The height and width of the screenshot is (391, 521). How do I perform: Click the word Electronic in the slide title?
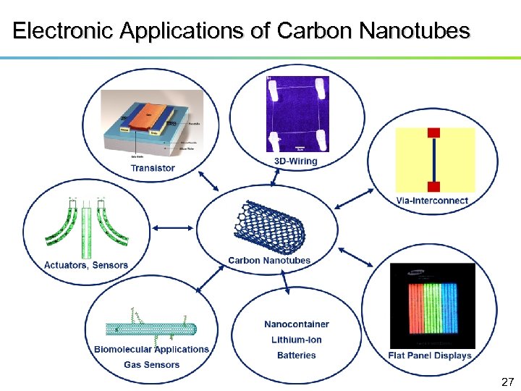(64, 31)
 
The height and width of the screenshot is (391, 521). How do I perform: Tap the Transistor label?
(153, 168)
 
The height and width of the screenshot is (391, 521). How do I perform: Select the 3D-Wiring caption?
(296, 161)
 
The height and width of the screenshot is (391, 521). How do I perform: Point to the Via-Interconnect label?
(433, 200)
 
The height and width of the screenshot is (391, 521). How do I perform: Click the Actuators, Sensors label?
(86, 265)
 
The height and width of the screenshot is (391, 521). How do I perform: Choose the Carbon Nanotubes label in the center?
(269, 261)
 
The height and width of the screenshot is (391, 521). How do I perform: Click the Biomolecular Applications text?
(151, 349)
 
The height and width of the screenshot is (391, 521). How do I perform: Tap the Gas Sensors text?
(151, 364)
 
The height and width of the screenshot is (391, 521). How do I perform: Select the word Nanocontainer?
(297, 324)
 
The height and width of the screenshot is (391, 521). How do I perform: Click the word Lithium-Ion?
(297, 340)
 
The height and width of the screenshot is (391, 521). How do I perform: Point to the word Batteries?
(297, 355)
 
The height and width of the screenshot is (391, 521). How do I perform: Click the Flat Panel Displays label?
(430, 356)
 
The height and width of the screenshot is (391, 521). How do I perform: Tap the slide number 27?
(507, 381)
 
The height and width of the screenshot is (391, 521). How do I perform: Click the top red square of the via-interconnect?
(433, 133)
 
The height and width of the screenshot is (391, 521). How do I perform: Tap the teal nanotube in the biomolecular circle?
(151, 329)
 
